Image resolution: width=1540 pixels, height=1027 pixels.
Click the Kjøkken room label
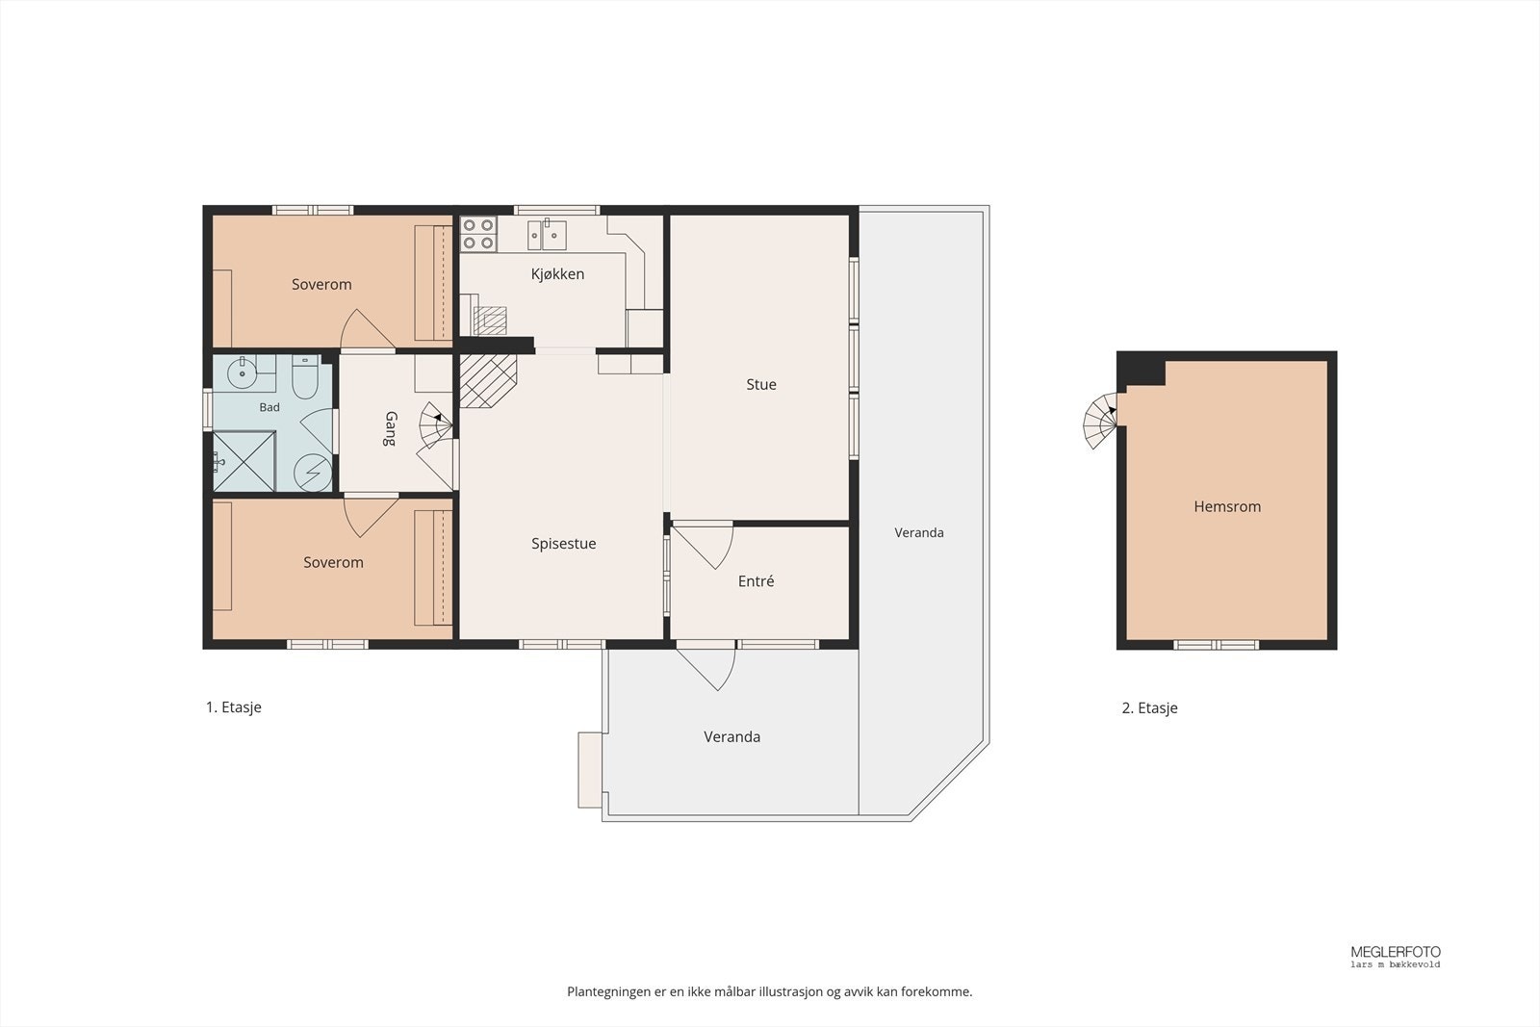[557, 274]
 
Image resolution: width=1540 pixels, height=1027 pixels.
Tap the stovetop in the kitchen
[478, 234]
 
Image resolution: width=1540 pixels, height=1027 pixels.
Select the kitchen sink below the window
[548, 235]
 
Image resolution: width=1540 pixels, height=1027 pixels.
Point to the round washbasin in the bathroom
[242, 372]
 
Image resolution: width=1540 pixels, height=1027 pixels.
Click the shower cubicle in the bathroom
[244, 461]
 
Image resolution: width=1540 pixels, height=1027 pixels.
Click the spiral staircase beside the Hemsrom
[1100, 421]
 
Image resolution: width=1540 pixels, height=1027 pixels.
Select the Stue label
[761, 384]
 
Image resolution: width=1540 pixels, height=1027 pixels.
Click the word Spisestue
[564, 544]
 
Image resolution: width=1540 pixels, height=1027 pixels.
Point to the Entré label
[756, 581]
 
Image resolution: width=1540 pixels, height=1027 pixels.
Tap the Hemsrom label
[1227, 506]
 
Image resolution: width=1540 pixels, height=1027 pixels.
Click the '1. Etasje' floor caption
[234, 707]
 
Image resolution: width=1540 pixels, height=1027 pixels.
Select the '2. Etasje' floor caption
[1149, 708]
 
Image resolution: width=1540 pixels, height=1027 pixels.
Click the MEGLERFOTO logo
[1396, 956]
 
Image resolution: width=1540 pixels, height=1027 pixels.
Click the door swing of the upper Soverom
[367, 329]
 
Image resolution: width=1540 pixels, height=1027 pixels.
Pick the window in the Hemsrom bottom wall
[1216, 645]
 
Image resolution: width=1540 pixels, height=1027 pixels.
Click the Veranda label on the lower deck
[732, 737]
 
